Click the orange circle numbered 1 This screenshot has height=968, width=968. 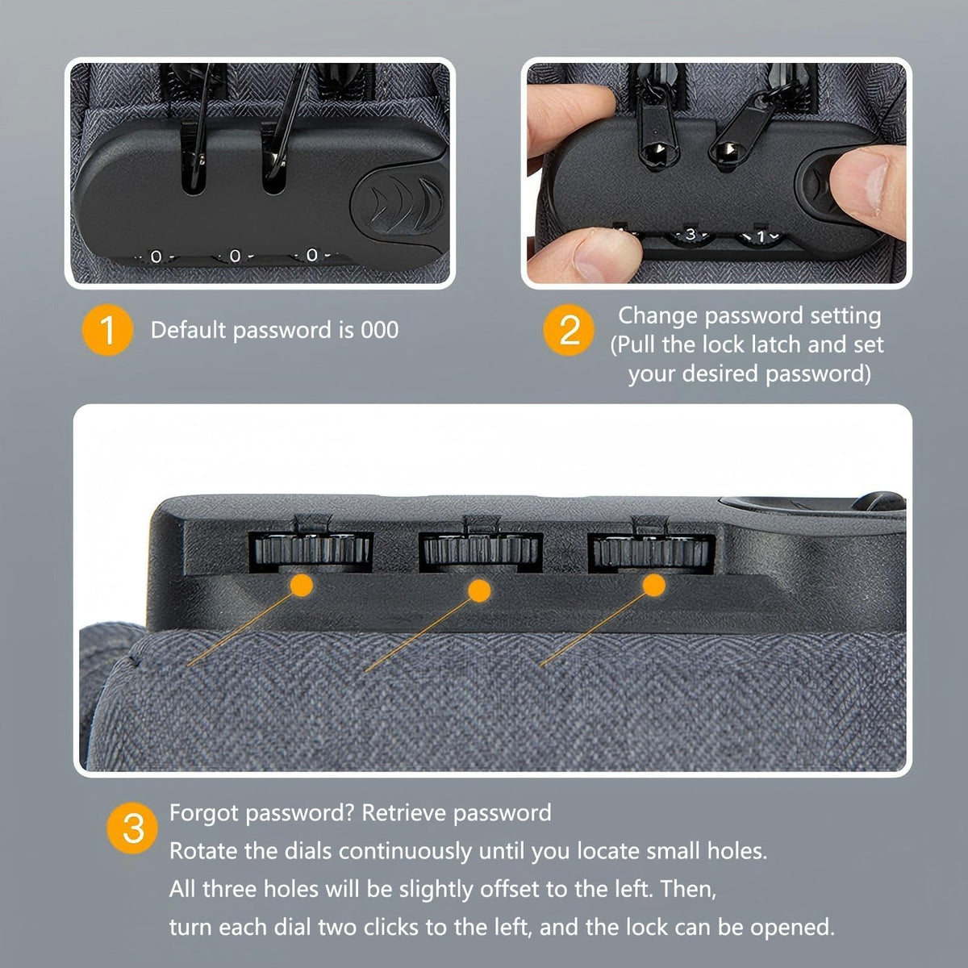[x=107, y=330]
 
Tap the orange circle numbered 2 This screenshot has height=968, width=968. [x=569, y=330]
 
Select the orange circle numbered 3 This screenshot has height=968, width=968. [x=132, y=828]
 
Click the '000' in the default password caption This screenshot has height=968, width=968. [x=380, y=330]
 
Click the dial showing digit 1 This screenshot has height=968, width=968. [x=760, y=236]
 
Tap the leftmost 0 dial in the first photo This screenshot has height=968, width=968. [x=156, y=257]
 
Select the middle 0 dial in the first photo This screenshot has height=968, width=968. [x=235, y=256]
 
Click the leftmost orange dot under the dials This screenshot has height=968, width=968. [x=302, y=585]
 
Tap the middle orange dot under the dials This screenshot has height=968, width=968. [x=479, y=590]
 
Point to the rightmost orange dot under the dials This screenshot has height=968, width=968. [x=653, y=585]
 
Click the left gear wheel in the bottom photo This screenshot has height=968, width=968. [x=311, y=549]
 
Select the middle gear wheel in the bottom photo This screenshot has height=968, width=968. [x=481, y=549]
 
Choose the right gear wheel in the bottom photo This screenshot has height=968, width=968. [x=652, y=551]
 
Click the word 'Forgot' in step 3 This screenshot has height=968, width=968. [x=204, y=813]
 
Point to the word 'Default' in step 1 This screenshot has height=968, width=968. [x=189, y=330]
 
